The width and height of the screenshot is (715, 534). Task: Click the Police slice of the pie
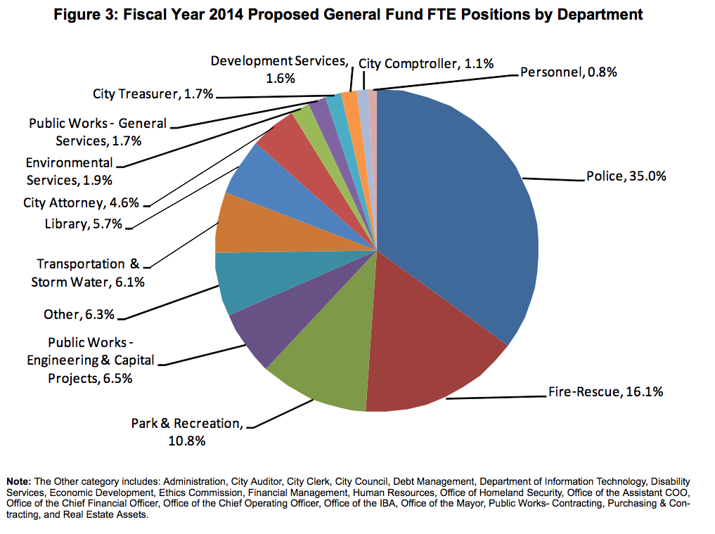click(x=457, y=211)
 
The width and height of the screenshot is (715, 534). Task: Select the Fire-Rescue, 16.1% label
click(x=605, y=391)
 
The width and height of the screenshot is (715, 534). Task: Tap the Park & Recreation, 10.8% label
click(x=187, y=432)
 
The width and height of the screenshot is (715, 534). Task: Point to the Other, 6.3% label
click(x=79, y=314)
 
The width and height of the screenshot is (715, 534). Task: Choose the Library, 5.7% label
click(x=84, y=224)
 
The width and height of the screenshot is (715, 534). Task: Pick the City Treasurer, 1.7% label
click(x=153, y=94)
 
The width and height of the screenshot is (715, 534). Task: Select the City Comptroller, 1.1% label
click(x=426, y=64)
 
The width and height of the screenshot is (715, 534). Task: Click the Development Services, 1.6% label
click(x=280, y=70)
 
